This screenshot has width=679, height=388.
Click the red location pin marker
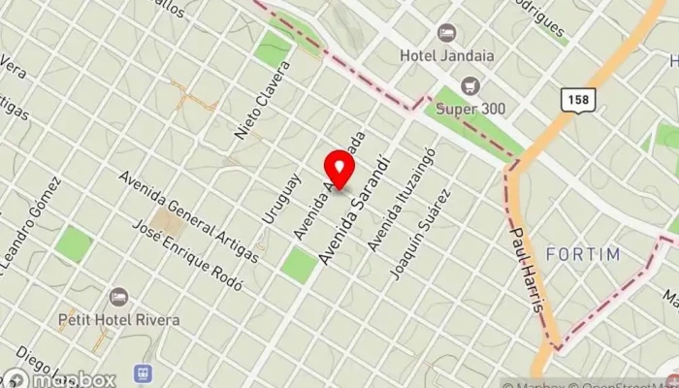(x=339, y=167)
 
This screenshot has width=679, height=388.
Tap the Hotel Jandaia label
(x=446, y=55)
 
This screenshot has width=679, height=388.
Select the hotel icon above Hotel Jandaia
(x=446, y=33)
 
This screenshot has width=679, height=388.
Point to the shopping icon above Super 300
(x=469, y=84)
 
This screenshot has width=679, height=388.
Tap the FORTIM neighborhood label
(x=583, y=255)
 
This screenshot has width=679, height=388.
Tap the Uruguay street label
(x=276, y=198)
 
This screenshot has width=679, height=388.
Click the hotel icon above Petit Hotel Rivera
(x=119, y=296)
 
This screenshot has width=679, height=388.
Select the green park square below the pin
(x=300, y=265)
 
